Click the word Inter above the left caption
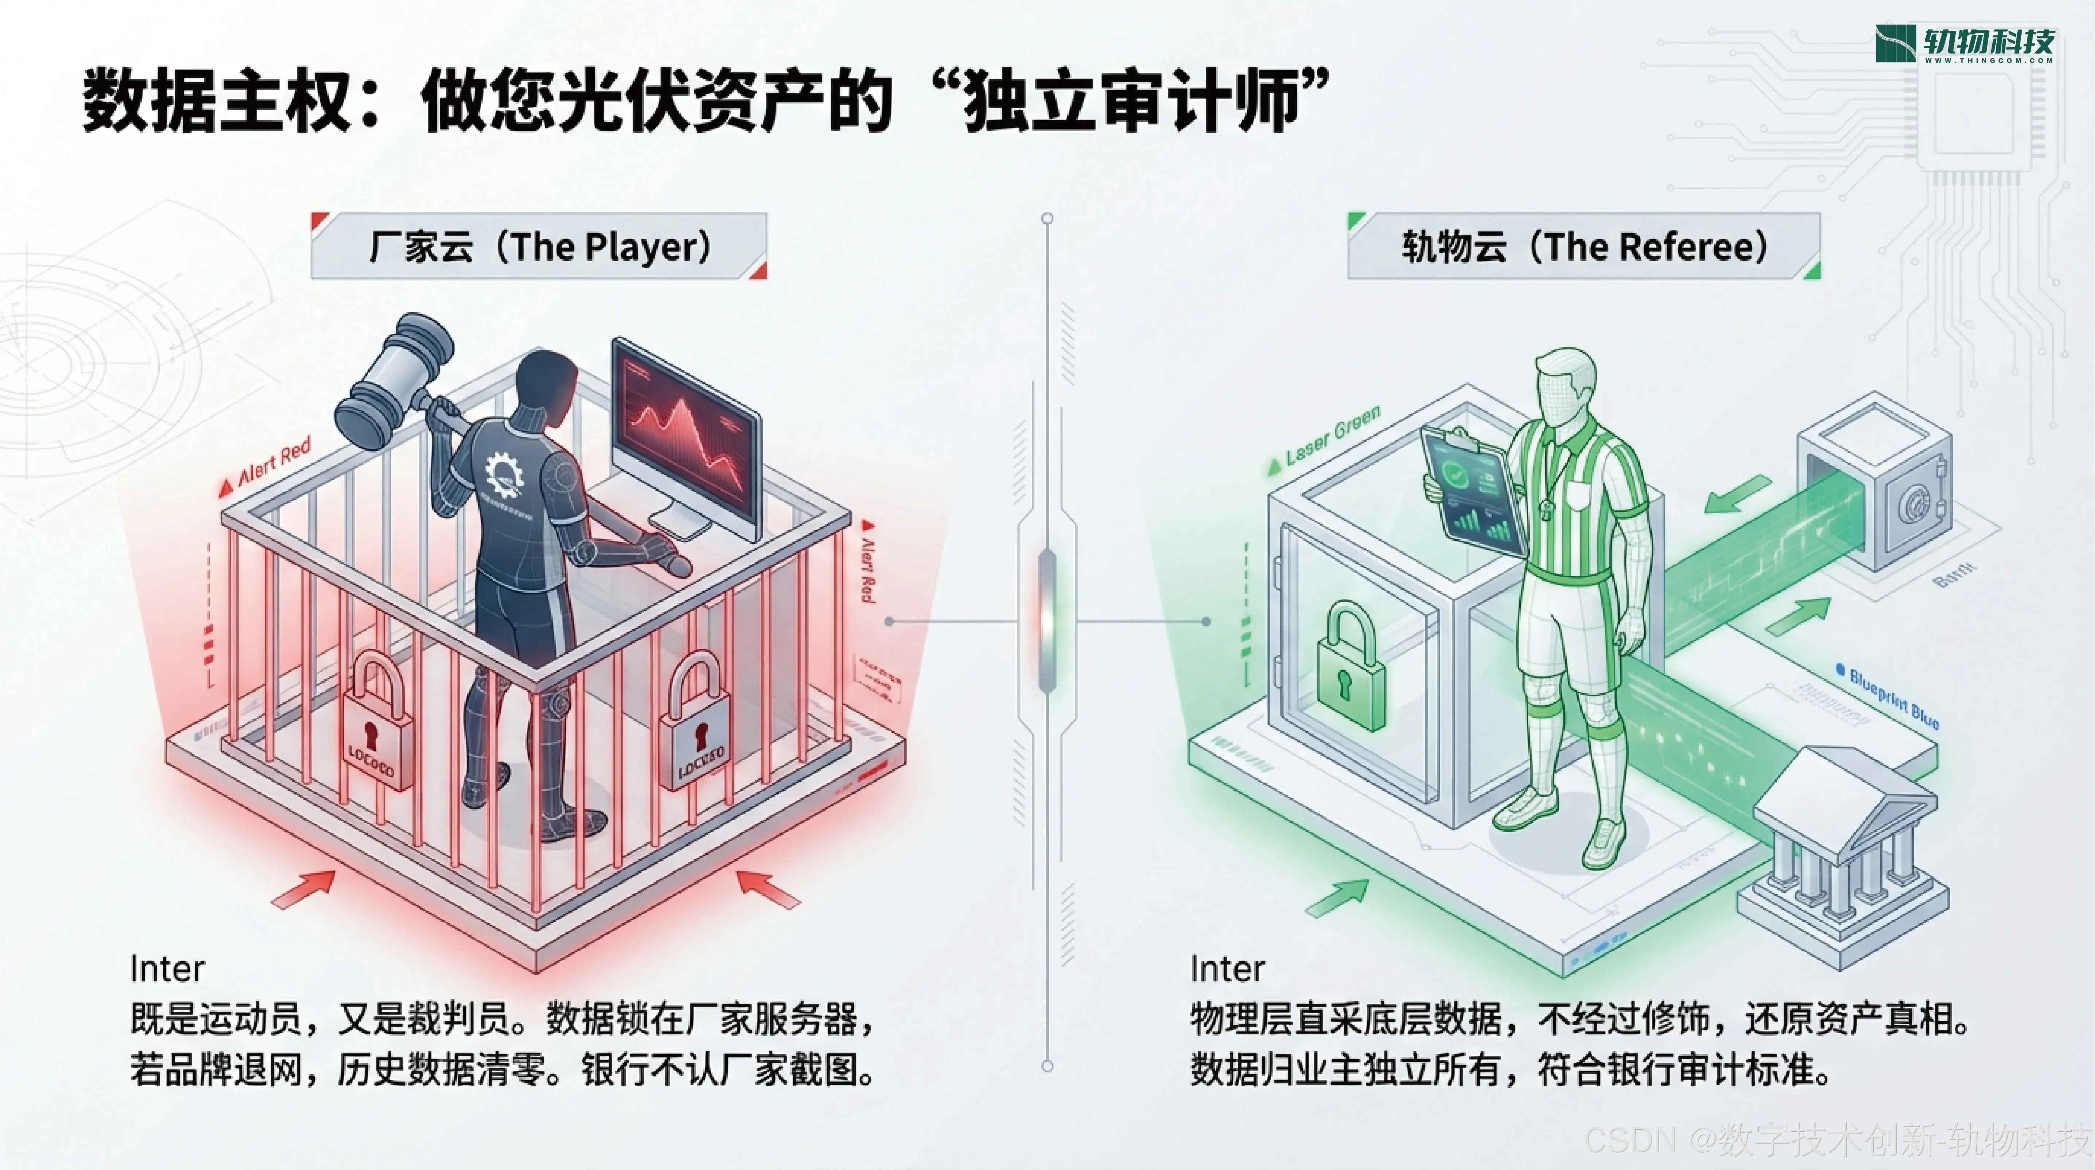click(167, 968)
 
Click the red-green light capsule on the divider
click(1047, 622)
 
